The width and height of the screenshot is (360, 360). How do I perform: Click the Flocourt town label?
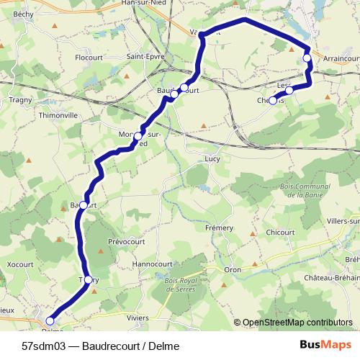[x=89, y=56]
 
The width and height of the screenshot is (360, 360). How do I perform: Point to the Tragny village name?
[x=21, y=100]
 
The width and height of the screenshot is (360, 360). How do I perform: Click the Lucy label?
[x=212, y=158]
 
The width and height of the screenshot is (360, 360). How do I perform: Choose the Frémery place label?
[x=220, y=228]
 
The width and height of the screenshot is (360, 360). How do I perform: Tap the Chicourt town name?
[x=280, y=233]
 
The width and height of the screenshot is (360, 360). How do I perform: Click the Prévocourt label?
[x=125, y=241]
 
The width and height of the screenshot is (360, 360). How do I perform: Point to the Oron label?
[x=232, y=269]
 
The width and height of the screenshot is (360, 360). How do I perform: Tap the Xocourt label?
[x=19, y=264]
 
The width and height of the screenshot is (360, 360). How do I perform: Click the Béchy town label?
[x=23, y=14]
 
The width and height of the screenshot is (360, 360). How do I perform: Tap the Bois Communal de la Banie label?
[x=302, y=191]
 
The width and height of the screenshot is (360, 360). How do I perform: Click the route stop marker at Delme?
[x=50, y=320]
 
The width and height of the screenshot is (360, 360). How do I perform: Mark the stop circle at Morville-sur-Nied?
[x=138, y=135]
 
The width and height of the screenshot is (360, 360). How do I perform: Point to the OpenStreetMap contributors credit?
[x=297, y=323]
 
